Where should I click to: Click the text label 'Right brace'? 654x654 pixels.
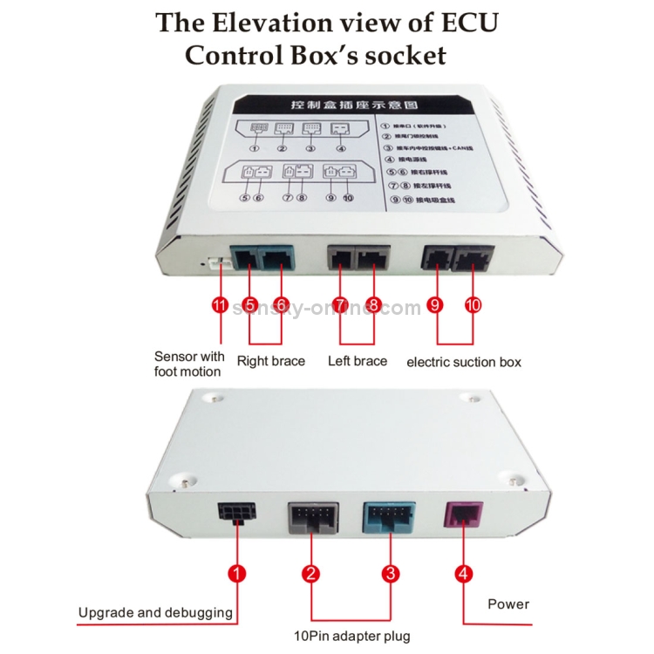271,360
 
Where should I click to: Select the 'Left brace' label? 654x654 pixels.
358,360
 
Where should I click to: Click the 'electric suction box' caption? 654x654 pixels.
464,361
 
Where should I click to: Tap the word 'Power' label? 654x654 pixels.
508,603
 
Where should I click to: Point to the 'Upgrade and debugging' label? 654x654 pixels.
155,612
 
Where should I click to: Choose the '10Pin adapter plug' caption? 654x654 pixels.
352,635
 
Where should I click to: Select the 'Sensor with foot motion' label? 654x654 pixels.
189,364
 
